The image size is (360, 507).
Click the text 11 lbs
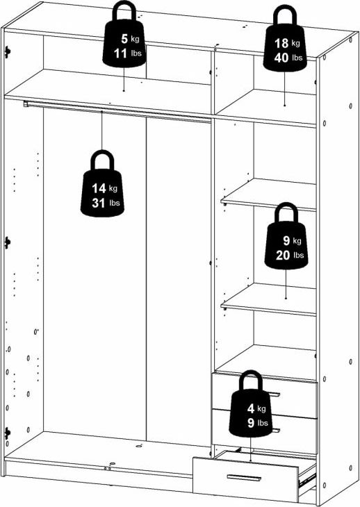point(125,54)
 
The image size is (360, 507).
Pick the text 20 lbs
point(286,256)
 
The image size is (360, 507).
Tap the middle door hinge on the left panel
point(7,242)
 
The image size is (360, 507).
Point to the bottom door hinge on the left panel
point(7,433)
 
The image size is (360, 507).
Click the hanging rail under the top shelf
point(118,109)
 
